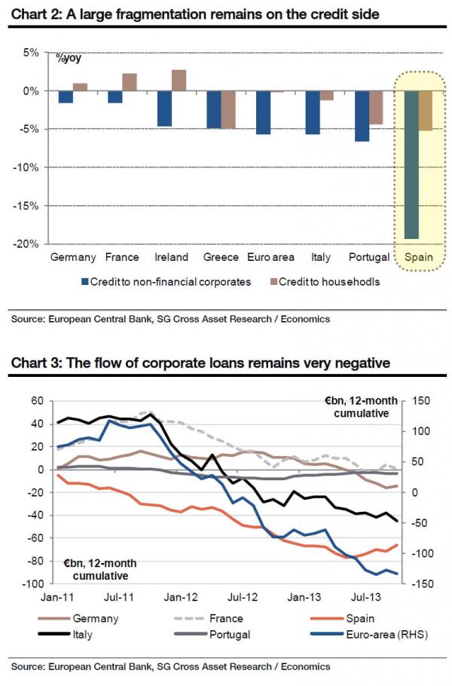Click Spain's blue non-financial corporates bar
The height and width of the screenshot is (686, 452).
411,164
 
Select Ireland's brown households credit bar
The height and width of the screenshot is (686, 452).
179,80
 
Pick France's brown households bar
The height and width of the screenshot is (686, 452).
130,82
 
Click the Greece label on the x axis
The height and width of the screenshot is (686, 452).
221,257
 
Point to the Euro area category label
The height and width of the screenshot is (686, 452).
270,257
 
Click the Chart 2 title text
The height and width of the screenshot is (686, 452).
194,14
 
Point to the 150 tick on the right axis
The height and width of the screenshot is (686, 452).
419,401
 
